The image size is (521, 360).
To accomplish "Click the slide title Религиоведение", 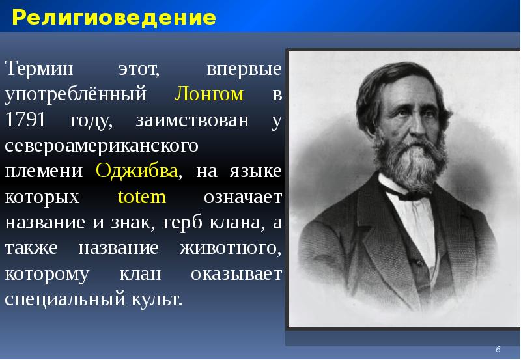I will [113, 18].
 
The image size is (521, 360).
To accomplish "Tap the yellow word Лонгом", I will [209, 94].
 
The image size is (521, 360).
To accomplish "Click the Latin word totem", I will [143, 197].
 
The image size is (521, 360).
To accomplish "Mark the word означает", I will [242, 197].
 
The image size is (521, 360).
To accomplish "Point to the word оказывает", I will [236, 273].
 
